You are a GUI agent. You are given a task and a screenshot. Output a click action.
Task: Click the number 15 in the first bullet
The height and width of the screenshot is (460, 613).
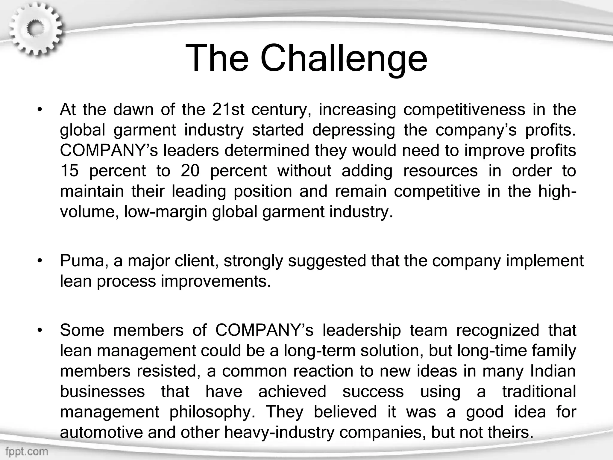point(69,171)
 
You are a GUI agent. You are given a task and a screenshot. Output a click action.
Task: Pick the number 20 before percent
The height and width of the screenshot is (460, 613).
point(190,171)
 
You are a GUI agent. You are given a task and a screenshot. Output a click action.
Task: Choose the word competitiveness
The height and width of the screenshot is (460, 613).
point(464,110)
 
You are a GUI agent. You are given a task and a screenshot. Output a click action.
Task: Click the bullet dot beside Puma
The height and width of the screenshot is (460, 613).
point(39,261)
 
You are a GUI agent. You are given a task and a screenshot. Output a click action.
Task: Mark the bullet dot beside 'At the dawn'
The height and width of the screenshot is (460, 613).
point(39,110)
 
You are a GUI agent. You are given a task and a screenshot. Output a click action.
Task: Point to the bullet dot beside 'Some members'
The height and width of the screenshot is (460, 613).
point(39,330)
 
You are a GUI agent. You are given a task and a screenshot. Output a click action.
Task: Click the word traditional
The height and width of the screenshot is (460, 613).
point(539,391)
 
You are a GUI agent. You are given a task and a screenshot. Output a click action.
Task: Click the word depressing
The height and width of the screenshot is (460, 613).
point(354,130)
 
